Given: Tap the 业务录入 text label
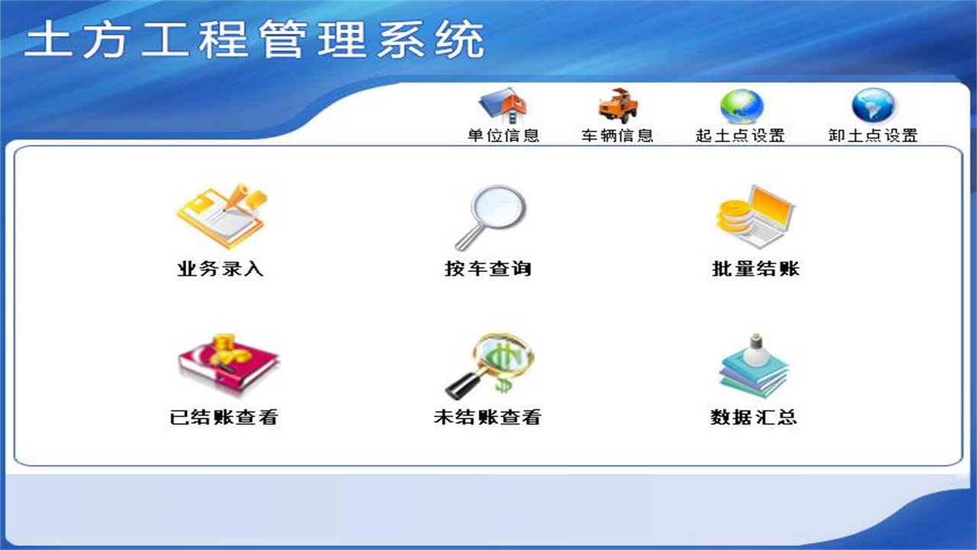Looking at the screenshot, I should point(221,269).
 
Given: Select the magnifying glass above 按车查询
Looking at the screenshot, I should point(492,217).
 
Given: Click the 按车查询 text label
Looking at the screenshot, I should point(488,269).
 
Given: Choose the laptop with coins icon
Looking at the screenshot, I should point(756,217).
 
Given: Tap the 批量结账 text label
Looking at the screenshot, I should point(756,269).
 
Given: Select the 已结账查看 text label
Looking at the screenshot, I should point(224,417).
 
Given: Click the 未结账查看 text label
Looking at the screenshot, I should point(488,417).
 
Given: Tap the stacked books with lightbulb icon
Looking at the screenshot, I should point(754,364).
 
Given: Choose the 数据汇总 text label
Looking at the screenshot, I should point(754,417).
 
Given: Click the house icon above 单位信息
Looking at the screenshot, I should point(504,106).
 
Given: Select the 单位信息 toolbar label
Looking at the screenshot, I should point(504,136).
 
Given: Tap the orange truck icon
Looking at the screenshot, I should point(617,106).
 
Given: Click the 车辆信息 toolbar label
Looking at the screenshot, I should point(617,136).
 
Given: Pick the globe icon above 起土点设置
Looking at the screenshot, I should point(741,107).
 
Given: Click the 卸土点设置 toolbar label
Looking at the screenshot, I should point(873,136).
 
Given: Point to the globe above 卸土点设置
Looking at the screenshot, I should point(873,106).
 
